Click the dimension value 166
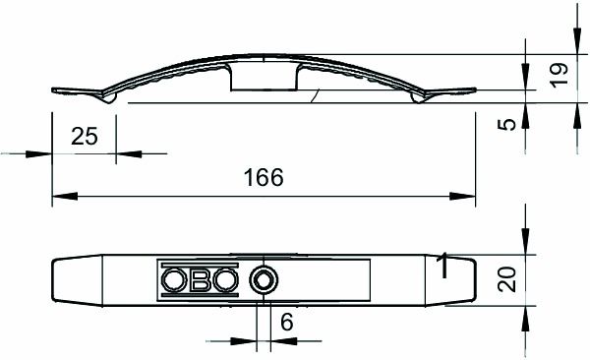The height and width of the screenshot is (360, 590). tap(263, 178)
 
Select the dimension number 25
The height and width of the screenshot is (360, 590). tap(85, 137)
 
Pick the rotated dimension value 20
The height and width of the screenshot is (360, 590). tap(507, 280)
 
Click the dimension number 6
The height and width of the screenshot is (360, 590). tap(286, 322)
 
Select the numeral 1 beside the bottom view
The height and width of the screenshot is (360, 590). tap(443, 265)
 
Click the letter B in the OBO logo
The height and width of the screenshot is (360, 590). tap(200, 280)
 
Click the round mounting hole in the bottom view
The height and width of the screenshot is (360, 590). tap(263, 280)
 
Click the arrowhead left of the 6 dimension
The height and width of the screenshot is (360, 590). tap(245, 341)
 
